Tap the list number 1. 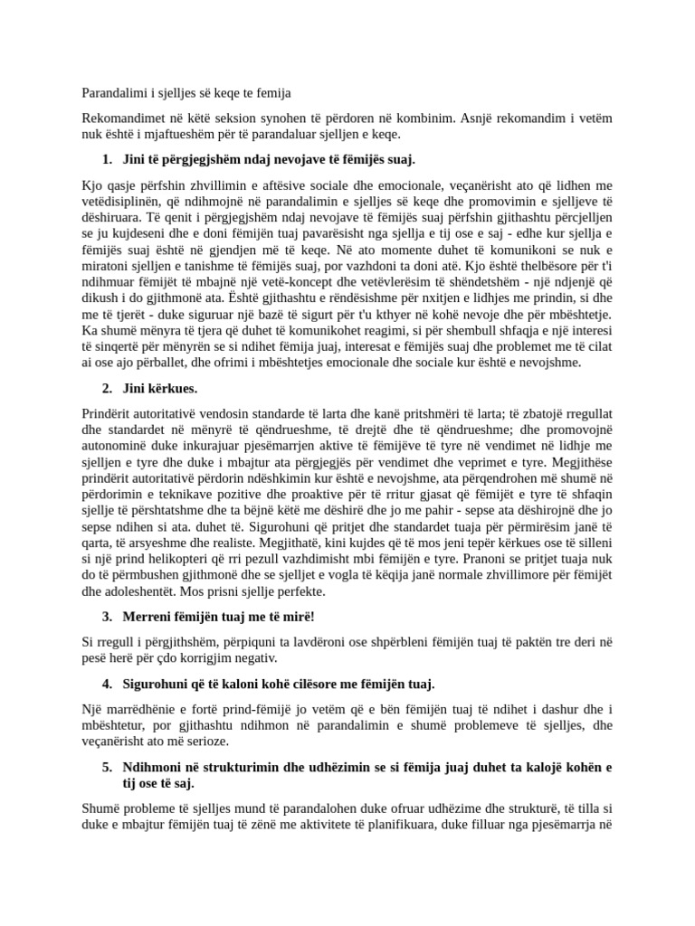[x=107, y=160]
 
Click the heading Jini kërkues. [x=159, y=388]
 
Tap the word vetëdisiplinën [x=126, y=202]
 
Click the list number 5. [x=107, y=767]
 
